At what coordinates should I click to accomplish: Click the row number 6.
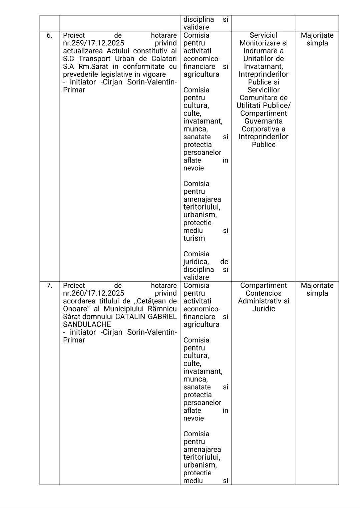click(x=49, y=35)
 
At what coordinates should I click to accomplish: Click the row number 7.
click(x=49, y=286)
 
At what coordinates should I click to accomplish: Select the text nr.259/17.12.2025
click(x=93, y=43)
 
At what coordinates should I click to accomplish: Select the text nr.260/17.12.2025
click(x=93, y=293)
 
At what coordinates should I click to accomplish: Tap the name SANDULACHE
click(x=87, y=324)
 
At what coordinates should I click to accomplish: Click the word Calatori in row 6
click(x=164, y=59)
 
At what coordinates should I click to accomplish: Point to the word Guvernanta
click(x=263, y=121)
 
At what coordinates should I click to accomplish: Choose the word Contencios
click(x=263, y=293)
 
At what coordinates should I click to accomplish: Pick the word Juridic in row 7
click(x=263, y=309)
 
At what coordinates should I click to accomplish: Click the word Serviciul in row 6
click(x=263, y=35)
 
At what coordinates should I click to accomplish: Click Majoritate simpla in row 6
click(x=317, y=39)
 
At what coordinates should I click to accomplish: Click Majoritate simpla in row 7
click(x=317, y=289)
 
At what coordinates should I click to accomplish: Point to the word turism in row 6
click(x=194, y=238)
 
